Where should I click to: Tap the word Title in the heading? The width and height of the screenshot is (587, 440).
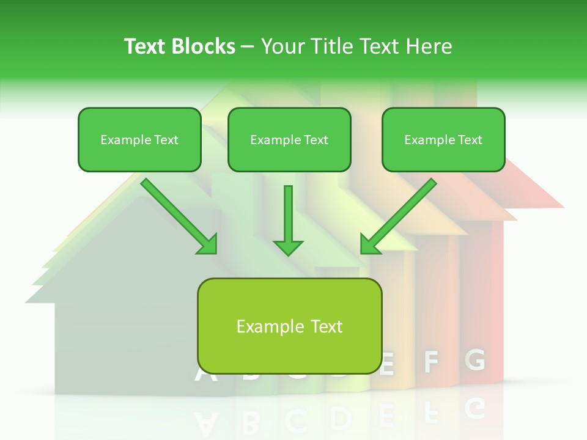click(x=331, y=46)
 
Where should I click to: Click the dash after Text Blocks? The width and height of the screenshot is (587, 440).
click(x=248, y=47)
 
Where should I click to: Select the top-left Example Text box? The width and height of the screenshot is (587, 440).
click(x=139, y=140)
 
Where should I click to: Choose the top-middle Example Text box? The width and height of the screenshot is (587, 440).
click(x=289, y=140)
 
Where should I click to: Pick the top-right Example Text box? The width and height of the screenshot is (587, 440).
click(x=443, y=140)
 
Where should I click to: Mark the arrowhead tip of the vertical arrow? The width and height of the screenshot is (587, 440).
click(x=288, y=254)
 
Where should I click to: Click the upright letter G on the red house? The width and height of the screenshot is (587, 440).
click(x=474, y=361)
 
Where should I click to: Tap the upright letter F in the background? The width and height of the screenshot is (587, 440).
click(x=432, y=362)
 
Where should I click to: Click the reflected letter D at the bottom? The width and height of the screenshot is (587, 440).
click(x=340, y=419)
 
